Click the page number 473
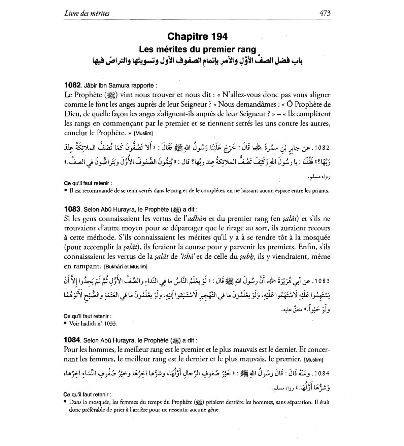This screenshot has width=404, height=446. tap(325, 13)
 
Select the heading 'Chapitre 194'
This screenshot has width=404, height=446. tap(197, 36)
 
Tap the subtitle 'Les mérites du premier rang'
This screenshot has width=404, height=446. tap(197, 49)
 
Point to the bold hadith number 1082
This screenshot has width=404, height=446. tap(72, 85)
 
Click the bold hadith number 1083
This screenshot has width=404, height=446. tap(72, 209)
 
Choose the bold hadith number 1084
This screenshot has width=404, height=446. tap(72, 340)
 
